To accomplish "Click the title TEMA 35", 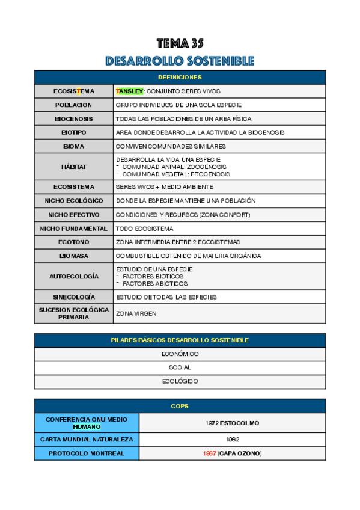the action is tap(180, 43).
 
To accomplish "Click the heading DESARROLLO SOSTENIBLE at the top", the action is tap(180, 61).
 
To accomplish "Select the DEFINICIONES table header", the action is tap(180, 77).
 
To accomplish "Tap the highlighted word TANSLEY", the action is tap(130, 91).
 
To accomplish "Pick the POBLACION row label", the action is tap(73, 105).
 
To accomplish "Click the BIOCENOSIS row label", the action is tap(73, 118).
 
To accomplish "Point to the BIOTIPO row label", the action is tap(73, 132).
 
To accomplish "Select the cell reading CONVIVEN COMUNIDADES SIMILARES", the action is tap(171, 146).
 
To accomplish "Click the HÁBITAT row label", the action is tap(73, 167).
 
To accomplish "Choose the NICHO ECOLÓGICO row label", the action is tap(73, 200).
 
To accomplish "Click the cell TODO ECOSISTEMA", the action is tap(144, 229).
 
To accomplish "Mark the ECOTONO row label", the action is tap(73, 242).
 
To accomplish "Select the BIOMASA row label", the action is tap(73, 256).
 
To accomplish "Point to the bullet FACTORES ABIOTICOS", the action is tap(154, 283).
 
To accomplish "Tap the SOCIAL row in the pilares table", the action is tap(180, 367).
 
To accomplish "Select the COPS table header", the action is tap(180, 407).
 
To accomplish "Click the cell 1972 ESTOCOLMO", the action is tap(232, 423).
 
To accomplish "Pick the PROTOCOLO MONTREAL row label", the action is tap(86, 453).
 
